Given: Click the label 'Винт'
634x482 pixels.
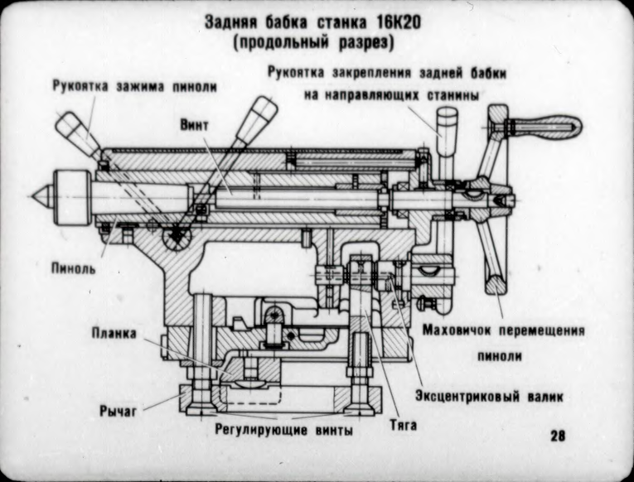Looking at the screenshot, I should coord(195,123).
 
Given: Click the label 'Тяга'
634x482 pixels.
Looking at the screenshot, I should coord(403,427).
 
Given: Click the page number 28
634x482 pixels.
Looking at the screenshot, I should coord(556,436).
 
